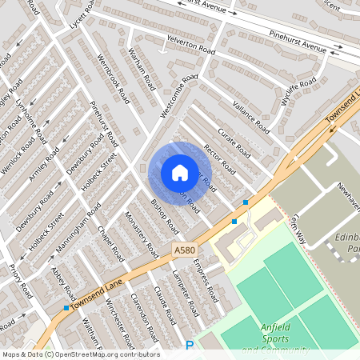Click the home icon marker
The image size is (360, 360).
pyautogui.click(x=180, y=172)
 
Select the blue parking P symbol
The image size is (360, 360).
pyautogui.click(x=190, y=346)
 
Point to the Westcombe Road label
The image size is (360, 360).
pyautogui.click(x=178, y=96)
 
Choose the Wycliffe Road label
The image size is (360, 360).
pyautogui.click(x=299, y=92)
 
